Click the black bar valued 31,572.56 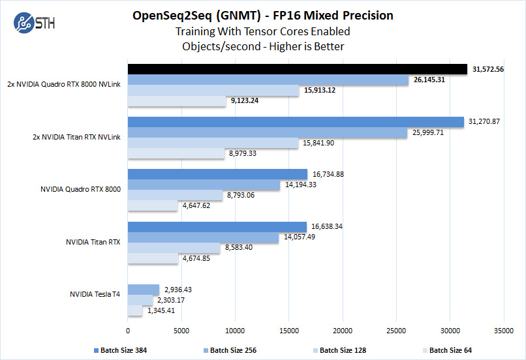(x=298, y=69)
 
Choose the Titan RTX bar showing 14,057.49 (x=203, y=237)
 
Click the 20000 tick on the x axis (x=343, y=330)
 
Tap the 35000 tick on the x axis (x=503, y=330)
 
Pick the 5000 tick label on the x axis (x=181, y=330)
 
